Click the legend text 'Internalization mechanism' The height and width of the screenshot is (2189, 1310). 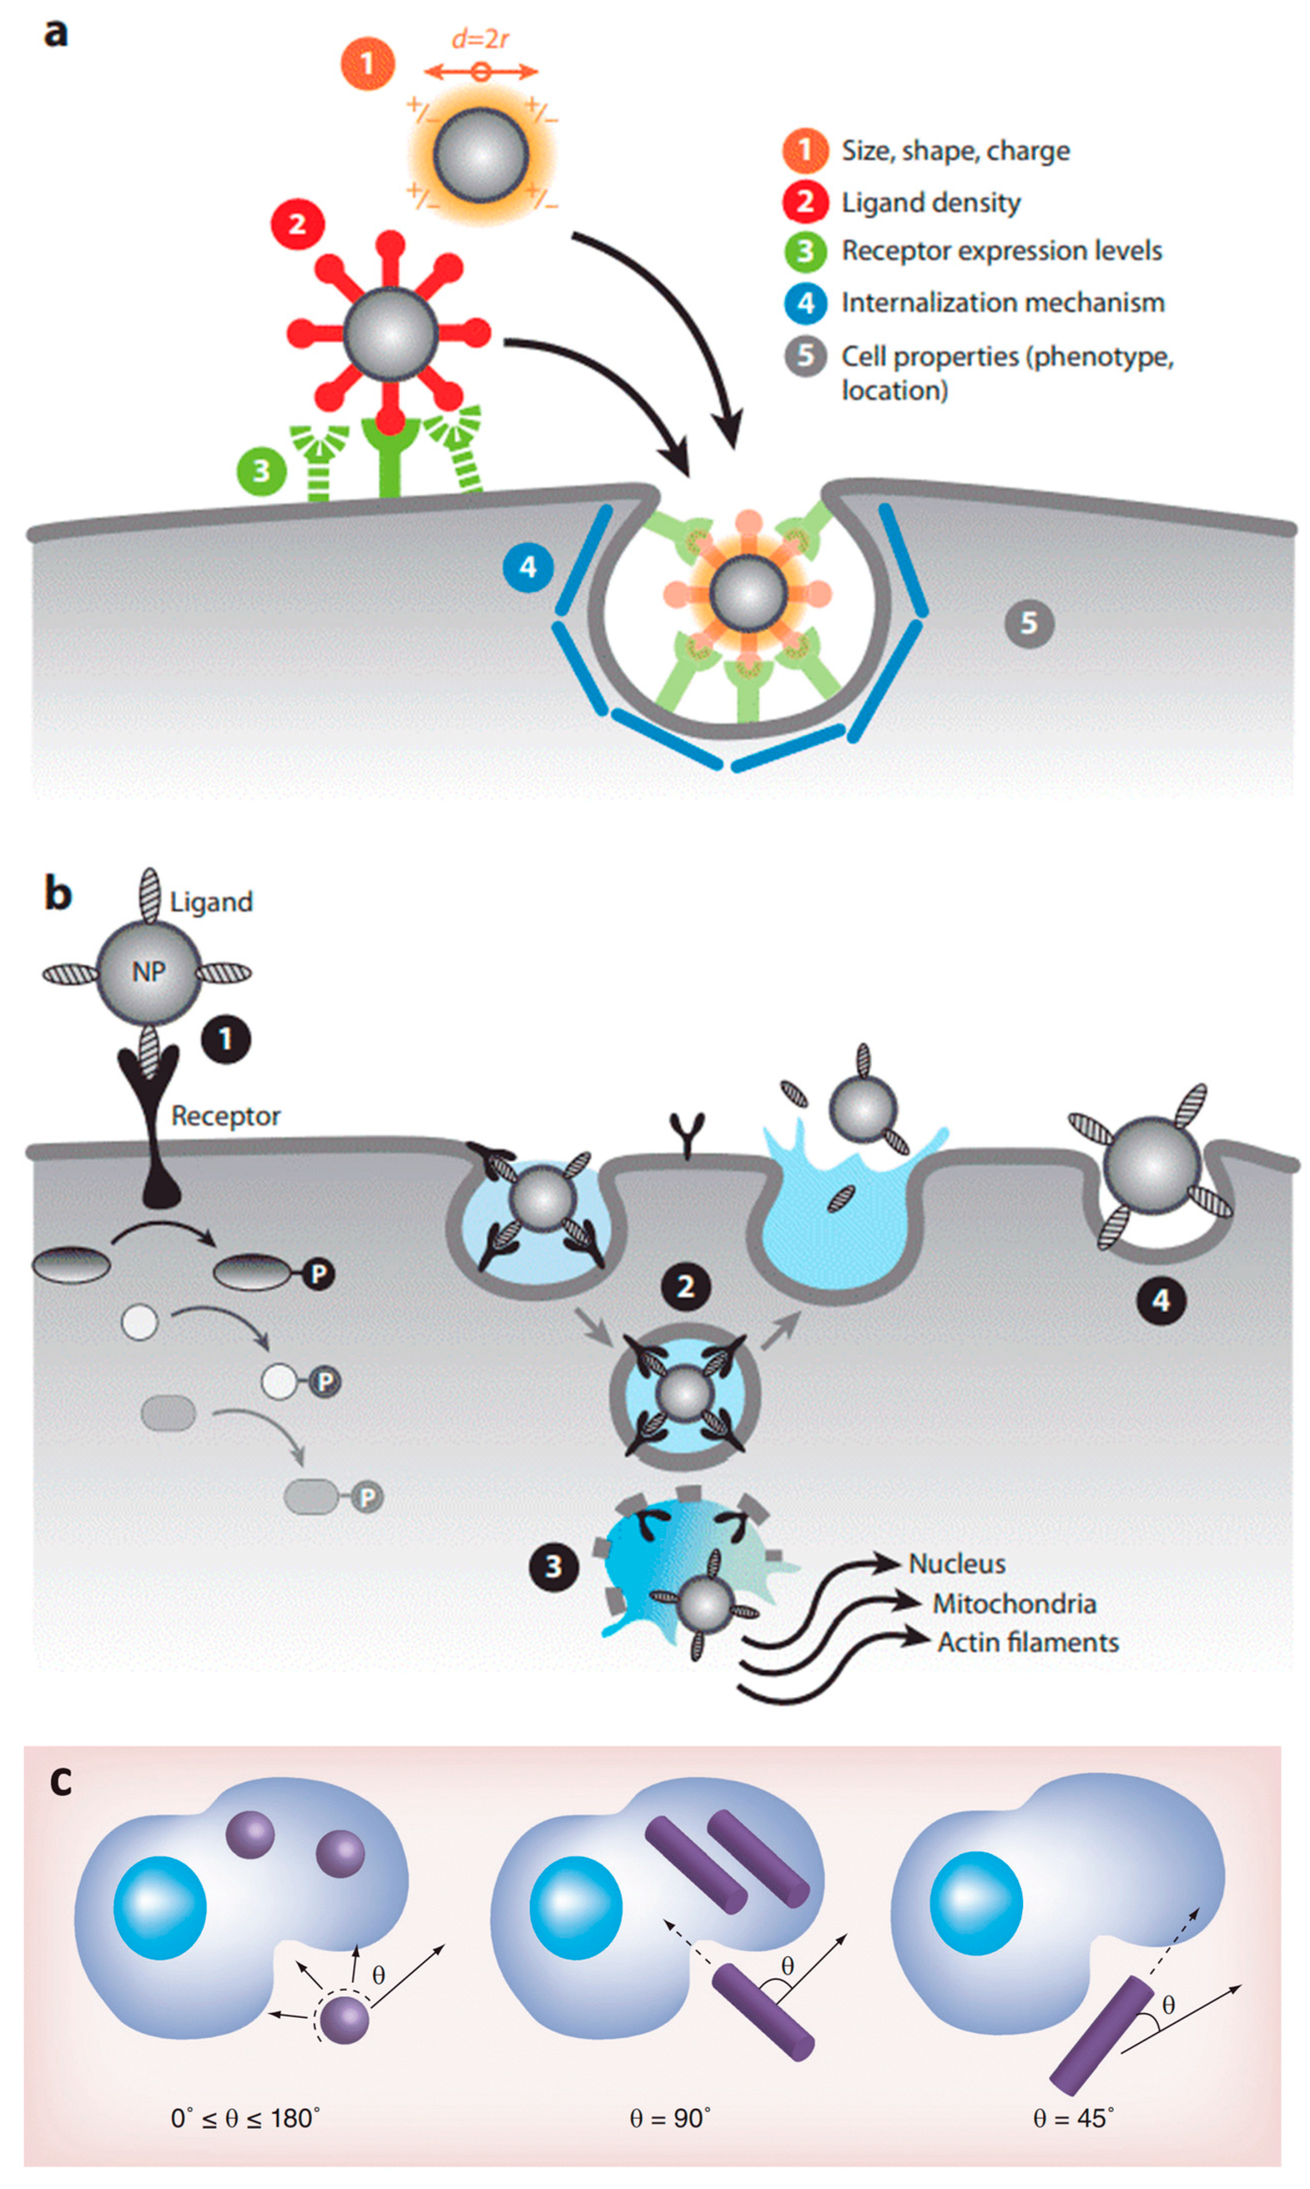1002,303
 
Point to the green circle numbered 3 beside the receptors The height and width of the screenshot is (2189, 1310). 261,470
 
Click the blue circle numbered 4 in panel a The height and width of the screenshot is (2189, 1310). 528,567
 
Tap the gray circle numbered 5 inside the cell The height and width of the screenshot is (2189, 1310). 1029,623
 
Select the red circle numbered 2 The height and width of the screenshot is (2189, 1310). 298,224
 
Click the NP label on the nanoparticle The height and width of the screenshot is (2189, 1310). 148,972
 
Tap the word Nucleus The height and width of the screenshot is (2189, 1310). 957,1563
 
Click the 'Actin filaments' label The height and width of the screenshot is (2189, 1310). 1028,1642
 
